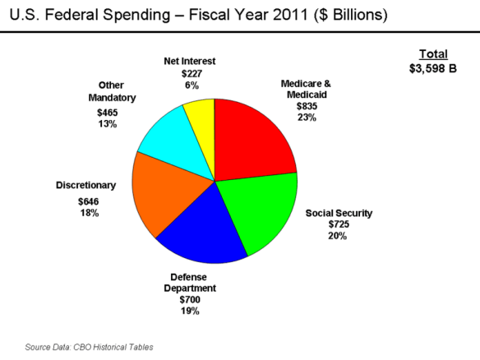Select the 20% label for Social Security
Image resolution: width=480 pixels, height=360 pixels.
pyautogui.click(x=338, y=236)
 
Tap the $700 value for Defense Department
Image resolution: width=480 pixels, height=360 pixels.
pyautogui.click(x=189, y=300)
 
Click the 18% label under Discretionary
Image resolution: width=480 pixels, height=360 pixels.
pyautogui.click(x=89, y=213)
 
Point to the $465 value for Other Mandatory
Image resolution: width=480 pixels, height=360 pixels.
pyautogui.click(x=107, y=112)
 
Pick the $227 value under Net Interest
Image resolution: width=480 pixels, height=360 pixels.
pyautogui.click(x=191, y=73)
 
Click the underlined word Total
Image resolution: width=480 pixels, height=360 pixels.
pyautogui.click(x=432, y=53)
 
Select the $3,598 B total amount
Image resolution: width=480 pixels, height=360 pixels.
pyautogui.click(x=432, y=68)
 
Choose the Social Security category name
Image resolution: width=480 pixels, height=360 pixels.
pyautogui.click(x=339, y=213)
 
